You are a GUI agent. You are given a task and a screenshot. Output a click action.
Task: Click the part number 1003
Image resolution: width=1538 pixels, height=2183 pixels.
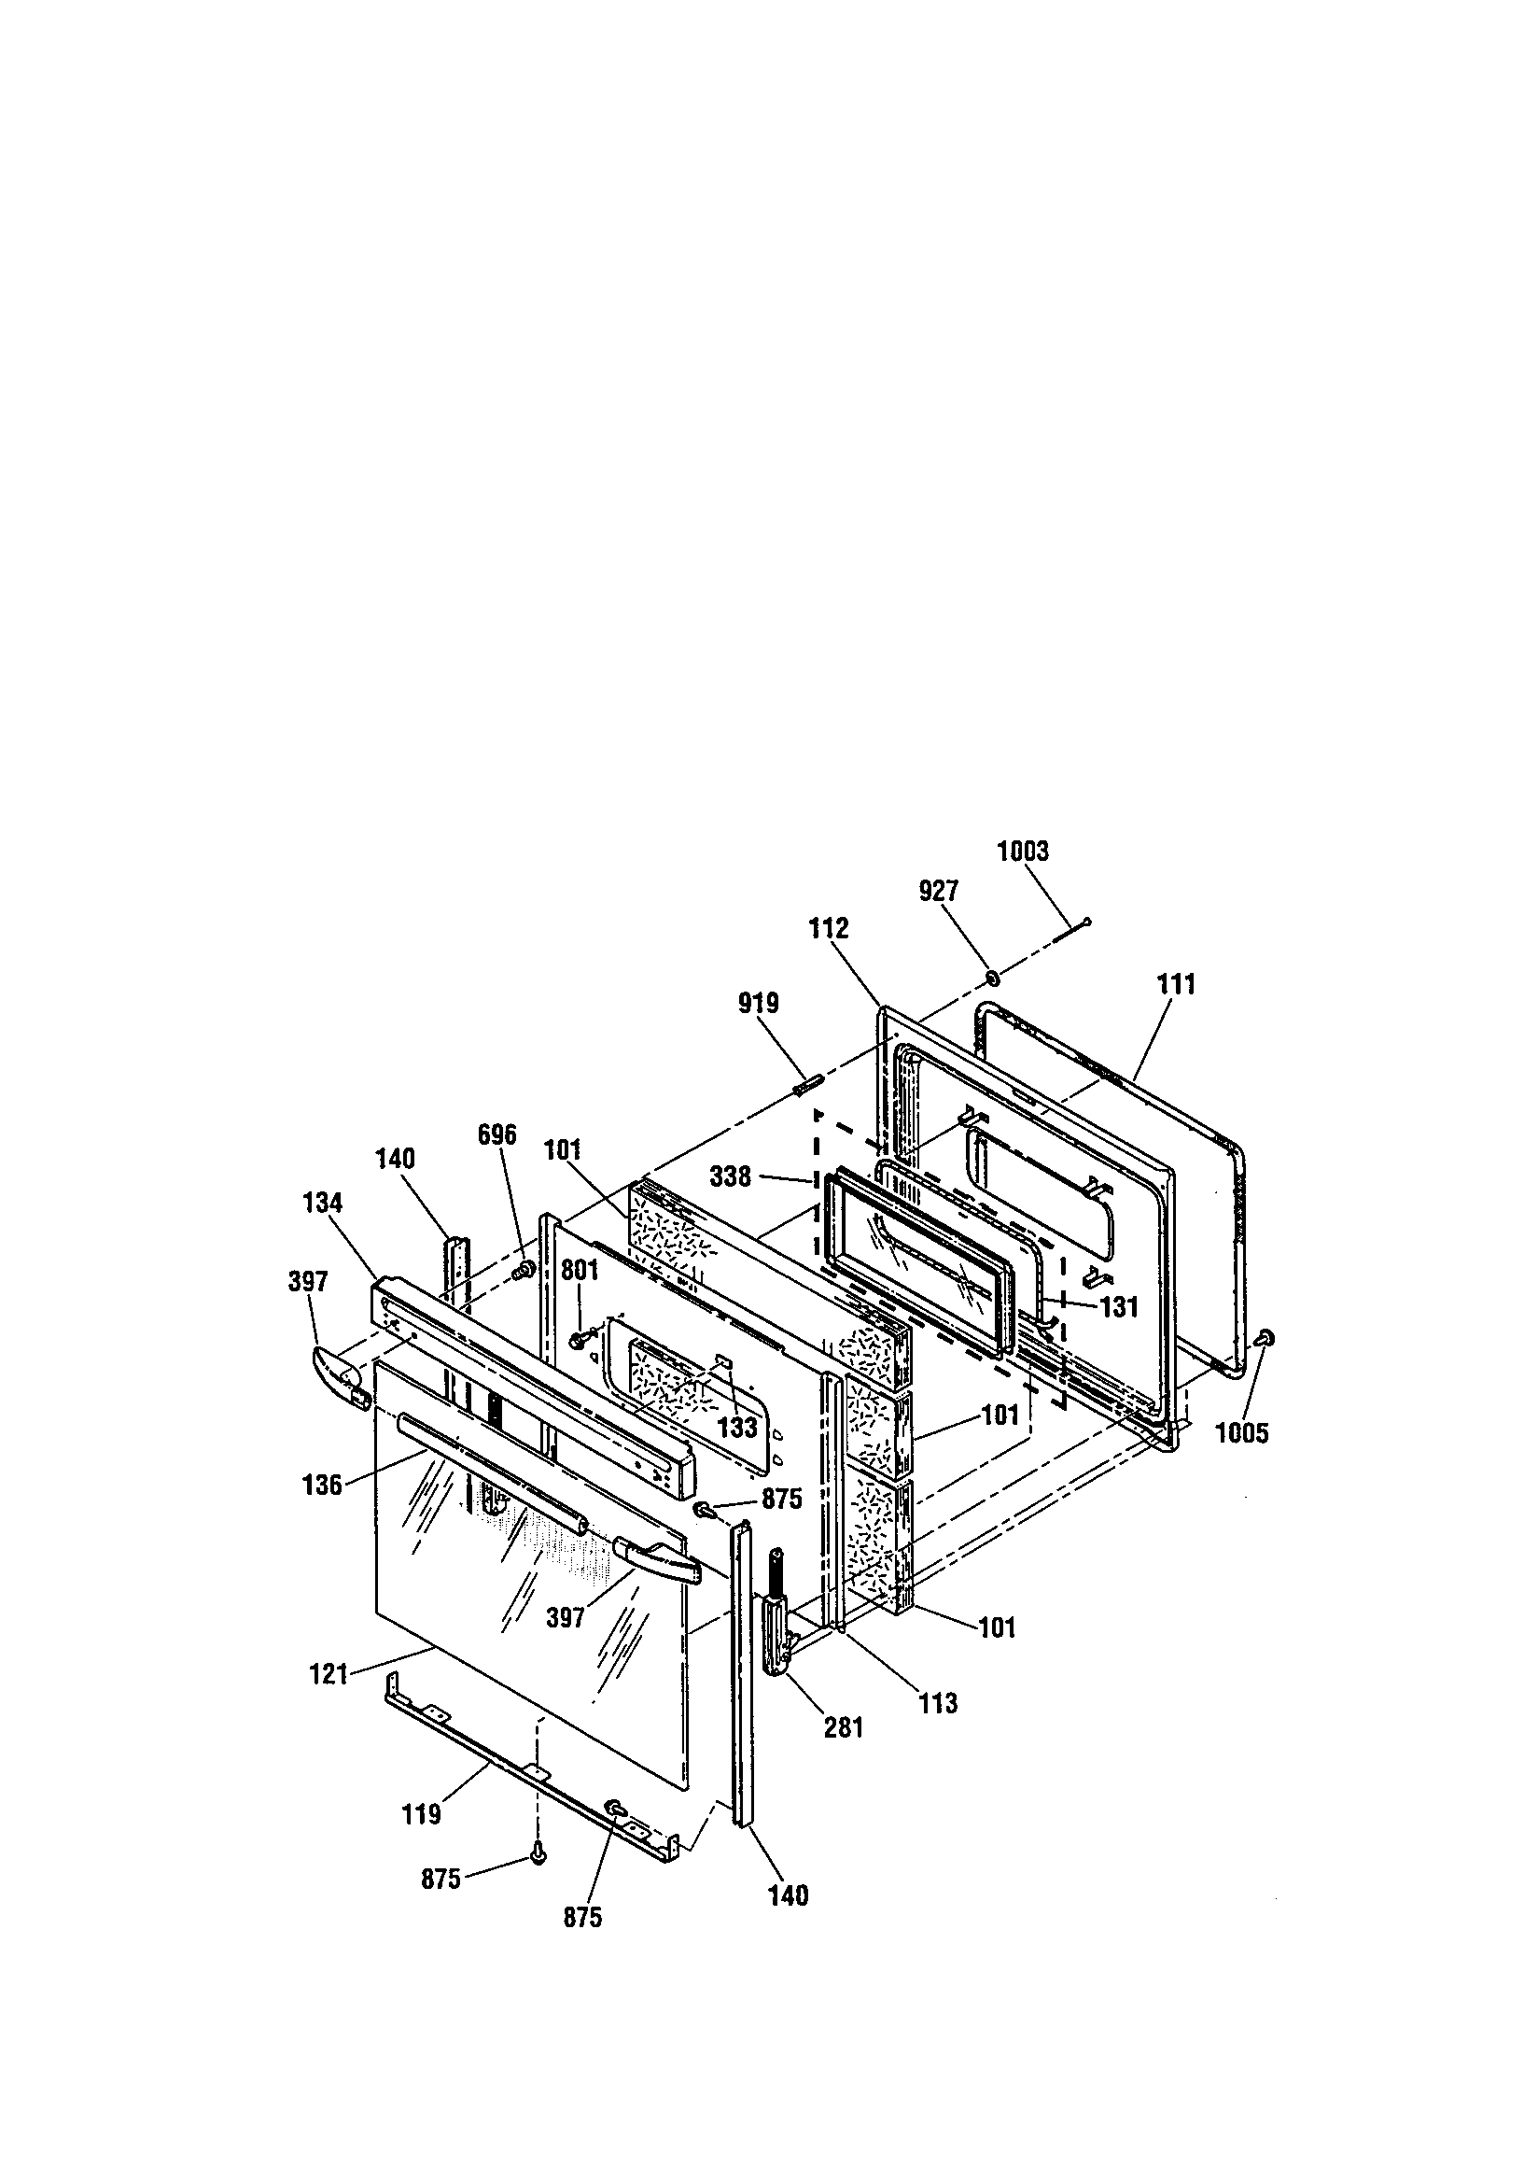[x=1022, y=850]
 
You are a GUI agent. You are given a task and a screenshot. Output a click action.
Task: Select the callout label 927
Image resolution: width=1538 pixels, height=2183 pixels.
[x=938, y=891]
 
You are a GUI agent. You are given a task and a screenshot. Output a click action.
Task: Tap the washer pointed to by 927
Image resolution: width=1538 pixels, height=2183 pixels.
[x=991, y=979]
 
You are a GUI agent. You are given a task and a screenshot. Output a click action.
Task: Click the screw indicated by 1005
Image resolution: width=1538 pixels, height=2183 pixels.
[x=1265, y=1339]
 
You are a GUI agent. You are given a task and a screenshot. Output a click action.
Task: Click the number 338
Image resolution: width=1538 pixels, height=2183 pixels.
[x=730, y=1177]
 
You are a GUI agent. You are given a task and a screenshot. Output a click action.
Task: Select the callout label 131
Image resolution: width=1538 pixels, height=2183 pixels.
[x=1119, y=1307]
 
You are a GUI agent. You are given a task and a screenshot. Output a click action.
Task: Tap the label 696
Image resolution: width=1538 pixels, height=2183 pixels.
[x=496, y=1134]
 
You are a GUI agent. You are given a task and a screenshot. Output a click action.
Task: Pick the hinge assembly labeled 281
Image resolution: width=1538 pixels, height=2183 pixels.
[x=776, y=1620]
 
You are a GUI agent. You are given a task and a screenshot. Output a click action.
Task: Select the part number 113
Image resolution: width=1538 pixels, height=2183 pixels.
[x=937, y=1703]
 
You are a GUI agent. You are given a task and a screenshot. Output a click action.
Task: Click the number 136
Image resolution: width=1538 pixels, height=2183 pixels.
[x=322, y=1486]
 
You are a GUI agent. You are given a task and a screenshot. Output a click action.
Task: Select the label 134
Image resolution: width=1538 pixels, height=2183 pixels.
[x=322, y=1203]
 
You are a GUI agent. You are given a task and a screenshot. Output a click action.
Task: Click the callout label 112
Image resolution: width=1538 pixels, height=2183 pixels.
[x=828, y=928]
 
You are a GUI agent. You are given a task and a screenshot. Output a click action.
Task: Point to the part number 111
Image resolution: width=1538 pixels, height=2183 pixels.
[x=1176, y=984]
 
